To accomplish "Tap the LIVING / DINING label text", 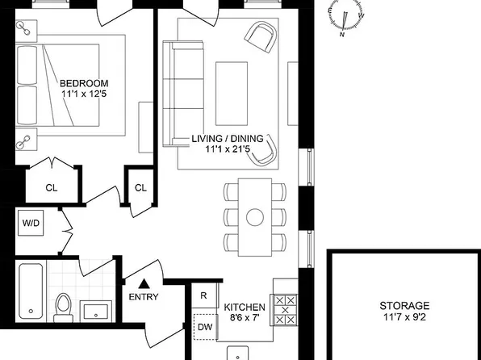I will click(232, 138).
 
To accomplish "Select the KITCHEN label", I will click(245, 307).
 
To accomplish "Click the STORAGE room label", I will click(404, 306).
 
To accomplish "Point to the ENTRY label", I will click(144, 296).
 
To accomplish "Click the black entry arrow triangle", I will click(144, 283).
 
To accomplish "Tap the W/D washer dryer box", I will click(31, 222).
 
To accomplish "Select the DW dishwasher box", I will click(205, 327).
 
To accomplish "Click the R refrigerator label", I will click(203, 296).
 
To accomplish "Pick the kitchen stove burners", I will click(286, 309).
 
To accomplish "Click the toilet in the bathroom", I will click(64, 305).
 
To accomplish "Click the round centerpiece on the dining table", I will click(255, 216).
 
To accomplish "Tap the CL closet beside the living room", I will click(140, 188).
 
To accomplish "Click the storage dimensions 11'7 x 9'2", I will click(404, 319).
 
